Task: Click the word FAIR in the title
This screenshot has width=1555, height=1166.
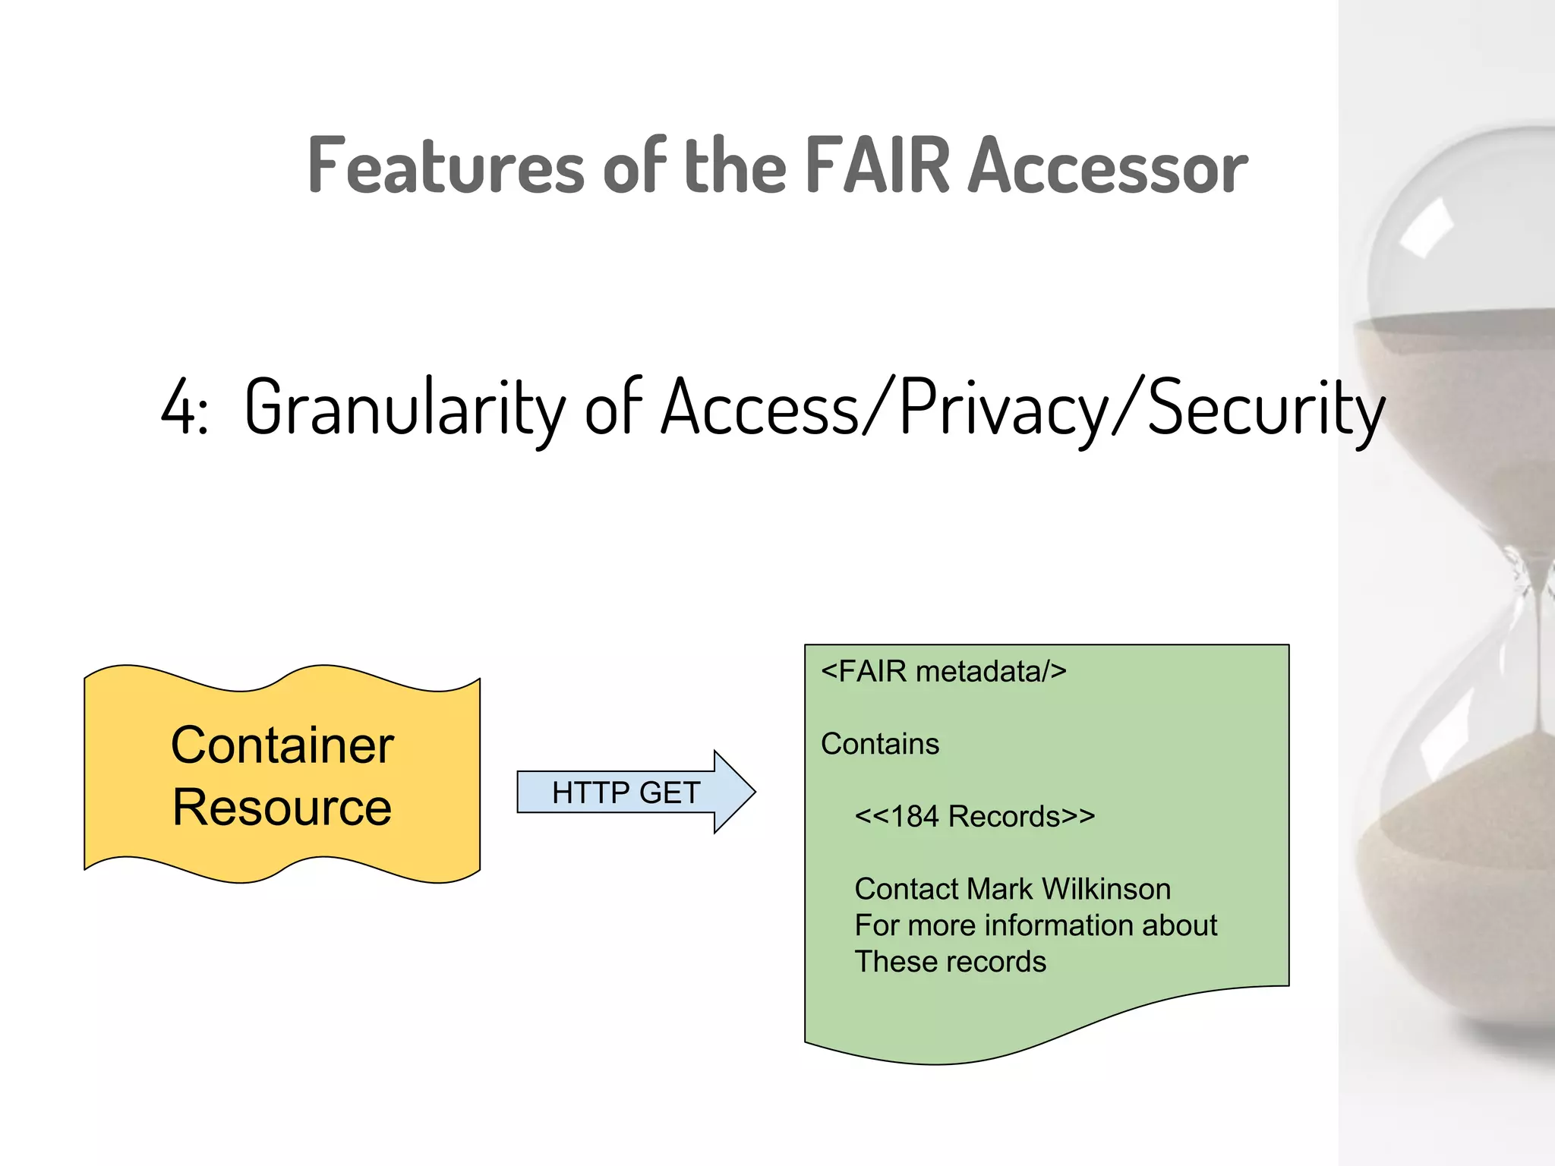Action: (x=877, y=165)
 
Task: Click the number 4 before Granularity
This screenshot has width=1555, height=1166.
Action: (x=178, y=408)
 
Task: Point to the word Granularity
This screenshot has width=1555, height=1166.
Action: (x=405, y=408)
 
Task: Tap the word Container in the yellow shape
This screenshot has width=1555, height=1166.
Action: (x=282, y=745)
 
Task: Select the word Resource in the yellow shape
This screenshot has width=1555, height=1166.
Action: (x=282, y=807)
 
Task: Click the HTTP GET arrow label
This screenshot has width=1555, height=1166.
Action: (x=626, y=793)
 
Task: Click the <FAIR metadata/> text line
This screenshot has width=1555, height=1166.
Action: (x=944, y=672)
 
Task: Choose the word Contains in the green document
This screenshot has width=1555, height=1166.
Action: (x=880, y=744)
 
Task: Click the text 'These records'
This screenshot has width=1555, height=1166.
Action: (x=951, y=962)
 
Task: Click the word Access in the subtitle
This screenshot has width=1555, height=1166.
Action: (x=760, y=408)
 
